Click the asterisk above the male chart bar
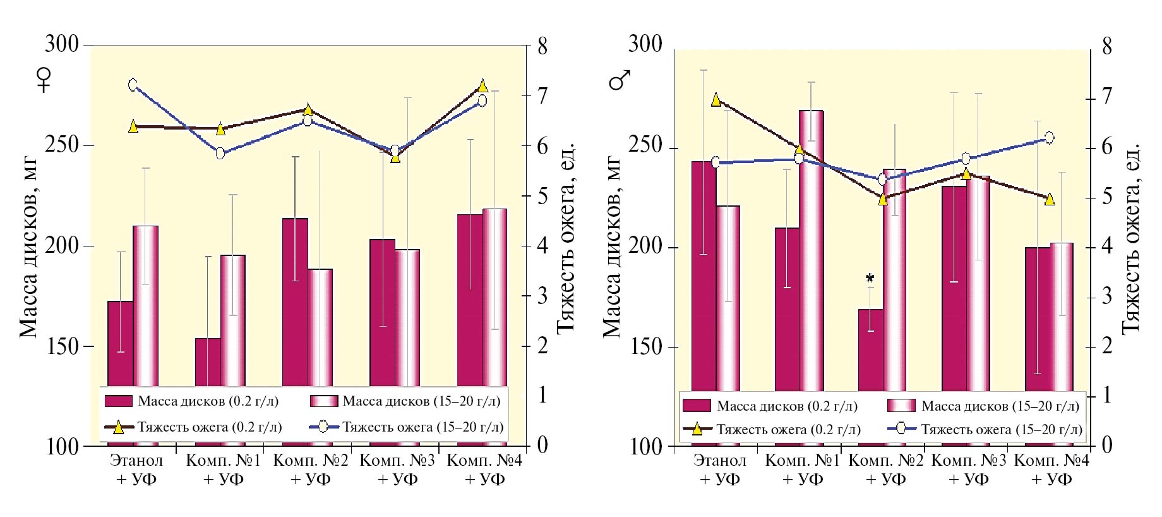tap(870, 279)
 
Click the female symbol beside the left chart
tap(44, 80)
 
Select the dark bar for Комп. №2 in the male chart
tap(870, 348)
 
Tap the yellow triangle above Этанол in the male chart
tap(716, 100)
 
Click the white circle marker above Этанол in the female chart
tap(133, 85)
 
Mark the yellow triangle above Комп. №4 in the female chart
tap(482, 86)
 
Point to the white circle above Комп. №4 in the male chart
tap(1050, 137)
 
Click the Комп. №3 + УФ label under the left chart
tap(397, 469)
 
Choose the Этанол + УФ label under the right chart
tap(719, 469)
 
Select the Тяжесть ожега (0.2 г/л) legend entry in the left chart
tap(193, 427)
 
